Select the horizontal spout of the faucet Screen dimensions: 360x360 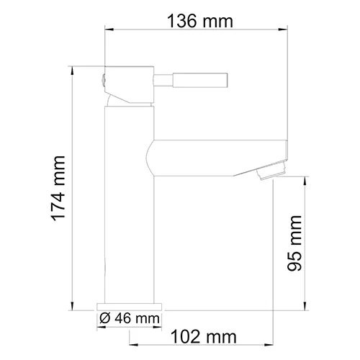point(216,157)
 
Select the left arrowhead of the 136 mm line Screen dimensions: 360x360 point(111,30)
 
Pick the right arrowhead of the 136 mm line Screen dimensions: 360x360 point(284,30)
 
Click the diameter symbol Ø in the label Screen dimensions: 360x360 point(104,318)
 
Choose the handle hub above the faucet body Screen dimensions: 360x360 point(130,86)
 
